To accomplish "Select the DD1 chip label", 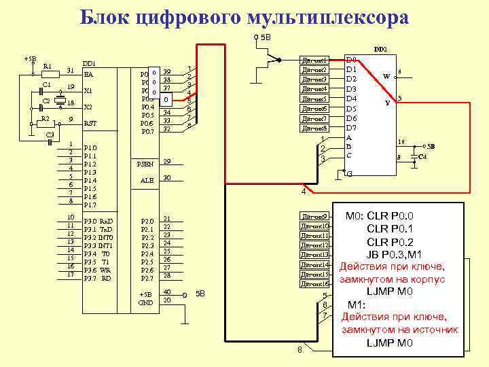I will point(89,63).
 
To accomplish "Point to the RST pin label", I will point(90,124).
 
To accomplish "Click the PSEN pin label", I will point(145,164).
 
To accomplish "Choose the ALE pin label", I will point(147,180).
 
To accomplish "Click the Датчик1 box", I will point(314,60).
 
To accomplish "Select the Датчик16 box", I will point(314,283).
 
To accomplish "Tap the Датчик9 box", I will point(314,216).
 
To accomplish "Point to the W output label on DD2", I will point(386,76).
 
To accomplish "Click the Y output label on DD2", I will point(387,103).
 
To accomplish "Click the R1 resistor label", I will point(48,66).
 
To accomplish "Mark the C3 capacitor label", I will point(50,135).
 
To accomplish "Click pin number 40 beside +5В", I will point(167,292).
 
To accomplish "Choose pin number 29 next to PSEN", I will point(167,162).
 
